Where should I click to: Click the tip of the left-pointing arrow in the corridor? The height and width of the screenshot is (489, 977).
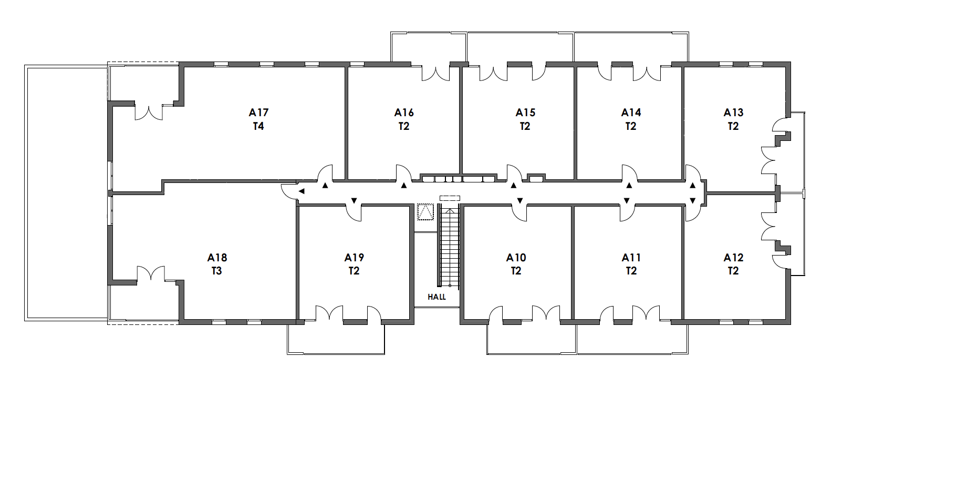(298, 191)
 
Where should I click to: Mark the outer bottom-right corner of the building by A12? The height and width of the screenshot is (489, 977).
(791, 324)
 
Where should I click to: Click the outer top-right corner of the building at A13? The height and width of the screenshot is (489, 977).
(791, 62)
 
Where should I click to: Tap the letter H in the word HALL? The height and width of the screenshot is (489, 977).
(430, 297)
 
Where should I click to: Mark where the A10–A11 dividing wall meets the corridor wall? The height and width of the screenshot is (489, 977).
(573, 206)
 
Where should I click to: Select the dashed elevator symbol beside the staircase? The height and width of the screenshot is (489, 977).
(425, 212)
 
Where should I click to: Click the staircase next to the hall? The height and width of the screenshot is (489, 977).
(449, 247)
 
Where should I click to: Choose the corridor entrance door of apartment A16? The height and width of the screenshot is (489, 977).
(403, 173)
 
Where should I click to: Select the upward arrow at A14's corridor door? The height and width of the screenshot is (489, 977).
(629, 186)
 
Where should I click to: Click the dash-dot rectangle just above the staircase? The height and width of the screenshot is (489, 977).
(450, 198)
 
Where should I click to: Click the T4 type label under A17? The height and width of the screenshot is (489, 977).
(258, 126)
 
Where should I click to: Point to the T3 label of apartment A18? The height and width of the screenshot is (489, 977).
(217, 271)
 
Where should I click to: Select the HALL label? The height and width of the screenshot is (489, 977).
(436, 297)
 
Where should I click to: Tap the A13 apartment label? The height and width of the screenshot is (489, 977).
(733, 113)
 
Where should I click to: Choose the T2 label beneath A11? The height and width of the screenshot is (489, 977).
(631, 271)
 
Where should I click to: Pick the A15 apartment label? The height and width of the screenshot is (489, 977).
(525, 113)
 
